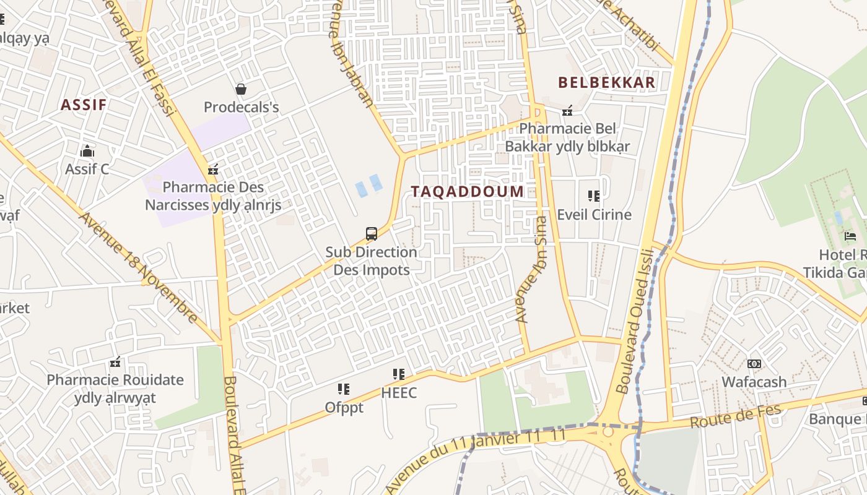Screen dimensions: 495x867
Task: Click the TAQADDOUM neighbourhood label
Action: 467,191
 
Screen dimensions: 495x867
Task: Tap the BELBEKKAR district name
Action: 606,82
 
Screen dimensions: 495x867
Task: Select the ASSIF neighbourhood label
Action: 84,105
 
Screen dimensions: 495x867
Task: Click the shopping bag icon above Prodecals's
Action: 241,90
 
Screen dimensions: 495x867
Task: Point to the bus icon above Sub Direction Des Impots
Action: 372,234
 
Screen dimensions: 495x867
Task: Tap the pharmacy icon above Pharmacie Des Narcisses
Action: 213,170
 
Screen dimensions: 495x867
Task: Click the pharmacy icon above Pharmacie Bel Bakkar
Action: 567,111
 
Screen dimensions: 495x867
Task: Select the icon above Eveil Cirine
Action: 594,197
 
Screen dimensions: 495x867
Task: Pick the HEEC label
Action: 399,393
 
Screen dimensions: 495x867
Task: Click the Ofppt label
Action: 344,408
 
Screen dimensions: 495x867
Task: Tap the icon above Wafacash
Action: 754,364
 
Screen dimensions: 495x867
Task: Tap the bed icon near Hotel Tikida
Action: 850,236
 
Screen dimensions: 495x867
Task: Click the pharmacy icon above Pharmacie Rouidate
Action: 115,362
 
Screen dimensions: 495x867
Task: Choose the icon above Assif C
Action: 87,151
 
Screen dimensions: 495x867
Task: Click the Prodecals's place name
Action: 242,107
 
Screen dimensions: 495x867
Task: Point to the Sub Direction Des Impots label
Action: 372,261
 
